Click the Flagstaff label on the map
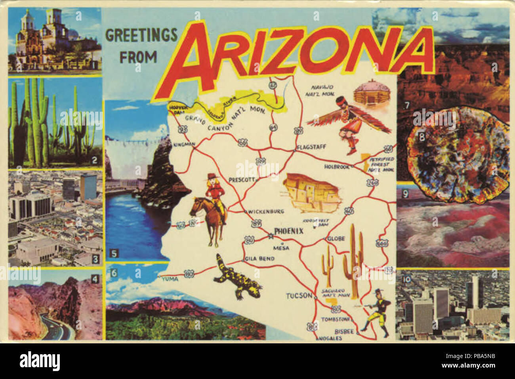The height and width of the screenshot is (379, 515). [x=312, y=147]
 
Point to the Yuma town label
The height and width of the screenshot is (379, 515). [x=170, y=279]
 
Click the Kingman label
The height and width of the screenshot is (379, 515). [x=184, y=145]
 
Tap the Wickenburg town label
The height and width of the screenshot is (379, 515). [x=266, y=211]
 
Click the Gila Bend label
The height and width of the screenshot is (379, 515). [x=259, y=259]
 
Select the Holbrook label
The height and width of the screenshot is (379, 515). [x=337, y=167]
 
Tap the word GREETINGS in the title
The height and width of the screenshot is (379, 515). [x=141, y=35]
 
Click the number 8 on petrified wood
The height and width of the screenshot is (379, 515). [x=422, y=137]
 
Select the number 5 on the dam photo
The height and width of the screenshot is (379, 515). [x=114, y=253]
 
